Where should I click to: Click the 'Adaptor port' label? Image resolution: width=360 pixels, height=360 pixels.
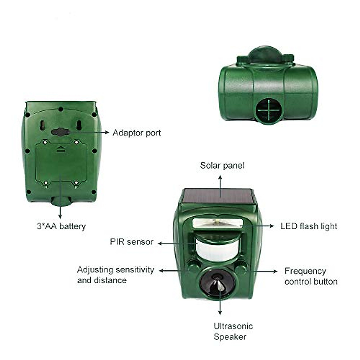[136, 133]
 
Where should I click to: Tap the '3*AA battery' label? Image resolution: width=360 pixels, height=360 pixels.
[61, 226]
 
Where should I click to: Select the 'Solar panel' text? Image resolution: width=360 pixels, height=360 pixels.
[222, 166]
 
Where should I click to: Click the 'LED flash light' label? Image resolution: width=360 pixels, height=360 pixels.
[309, 226]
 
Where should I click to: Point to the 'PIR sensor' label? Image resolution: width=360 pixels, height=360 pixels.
[131, 242]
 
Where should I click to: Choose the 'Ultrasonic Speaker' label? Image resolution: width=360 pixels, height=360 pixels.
[233, 331]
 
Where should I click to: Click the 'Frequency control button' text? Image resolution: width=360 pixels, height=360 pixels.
[311, 276]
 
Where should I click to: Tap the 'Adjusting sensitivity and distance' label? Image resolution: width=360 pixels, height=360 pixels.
[115, 275]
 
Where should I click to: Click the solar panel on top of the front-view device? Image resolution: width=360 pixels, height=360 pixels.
[218, 197]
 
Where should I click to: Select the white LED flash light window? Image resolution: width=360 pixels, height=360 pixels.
[217, 223]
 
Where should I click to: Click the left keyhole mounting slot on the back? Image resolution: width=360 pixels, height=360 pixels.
[43, 125]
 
